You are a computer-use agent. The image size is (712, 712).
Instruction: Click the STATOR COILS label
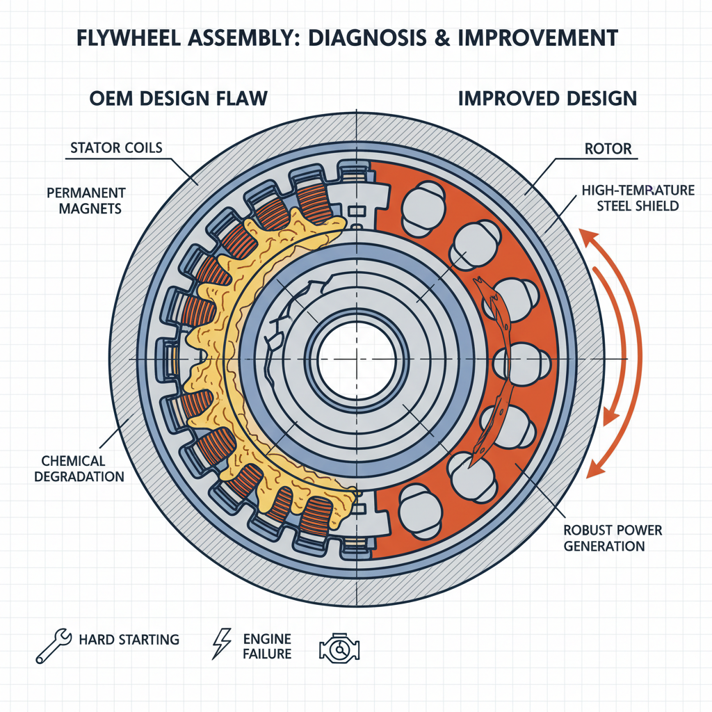pos(115,148)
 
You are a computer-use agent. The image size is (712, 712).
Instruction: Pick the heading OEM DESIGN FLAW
pos(178,98)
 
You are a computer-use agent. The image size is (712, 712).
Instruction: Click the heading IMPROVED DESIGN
pos(547,98)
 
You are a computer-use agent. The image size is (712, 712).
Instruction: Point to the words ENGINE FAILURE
pos(268,647)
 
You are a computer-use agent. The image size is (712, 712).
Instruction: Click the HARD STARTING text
pos(129,640)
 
